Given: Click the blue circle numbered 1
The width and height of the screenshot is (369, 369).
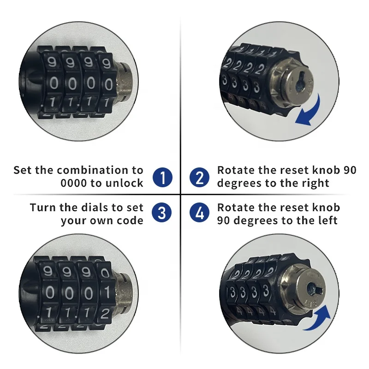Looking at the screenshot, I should click(x=162, y=177).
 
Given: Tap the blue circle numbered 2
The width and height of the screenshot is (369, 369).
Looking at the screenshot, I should click(x=199, y=177).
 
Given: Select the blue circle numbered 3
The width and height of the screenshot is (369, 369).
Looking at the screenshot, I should click(x=162, y=213).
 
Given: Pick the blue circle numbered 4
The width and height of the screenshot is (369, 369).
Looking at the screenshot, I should click(x=199, y=213).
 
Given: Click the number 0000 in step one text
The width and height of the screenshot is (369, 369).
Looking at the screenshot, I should click(x=73, y=183).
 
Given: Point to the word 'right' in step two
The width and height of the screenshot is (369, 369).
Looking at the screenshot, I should click(x=316, y=183).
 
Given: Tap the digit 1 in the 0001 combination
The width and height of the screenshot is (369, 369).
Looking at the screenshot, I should click(x=105, y=293).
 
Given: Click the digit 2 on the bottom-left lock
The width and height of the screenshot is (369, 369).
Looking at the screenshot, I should click(x=105, y=314).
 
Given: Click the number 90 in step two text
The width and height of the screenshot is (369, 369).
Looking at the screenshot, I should click(x=350, y=170).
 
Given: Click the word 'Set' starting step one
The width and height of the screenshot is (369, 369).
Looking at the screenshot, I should click(x=23, y=170).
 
